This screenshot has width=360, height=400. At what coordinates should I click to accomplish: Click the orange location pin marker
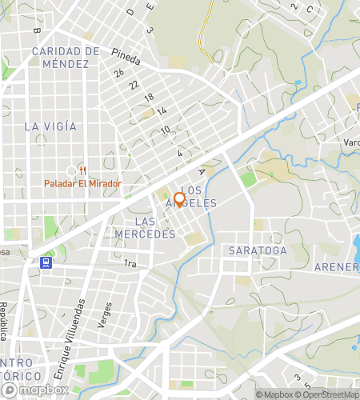179,199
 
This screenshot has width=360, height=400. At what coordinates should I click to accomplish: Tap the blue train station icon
46,262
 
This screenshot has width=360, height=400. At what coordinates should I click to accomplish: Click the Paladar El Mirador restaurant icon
82,170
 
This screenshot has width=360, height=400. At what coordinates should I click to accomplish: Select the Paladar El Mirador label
82,184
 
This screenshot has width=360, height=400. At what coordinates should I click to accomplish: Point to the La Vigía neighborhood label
50,126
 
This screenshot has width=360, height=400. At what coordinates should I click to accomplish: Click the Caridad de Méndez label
66,57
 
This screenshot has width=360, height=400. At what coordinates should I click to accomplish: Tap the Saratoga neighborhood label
257,250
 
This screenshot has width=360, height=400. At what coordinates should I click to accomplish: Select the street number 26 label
118,73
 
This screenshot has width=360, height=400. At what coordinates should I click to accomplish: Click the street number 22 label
134,85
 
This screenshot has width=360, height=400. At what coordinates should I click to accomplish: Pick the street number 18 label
148,98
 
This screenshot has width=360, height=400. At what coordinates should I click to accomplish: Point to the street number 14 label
162,110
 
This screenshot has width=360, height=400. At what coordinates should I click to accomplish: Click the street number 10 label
165,130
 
